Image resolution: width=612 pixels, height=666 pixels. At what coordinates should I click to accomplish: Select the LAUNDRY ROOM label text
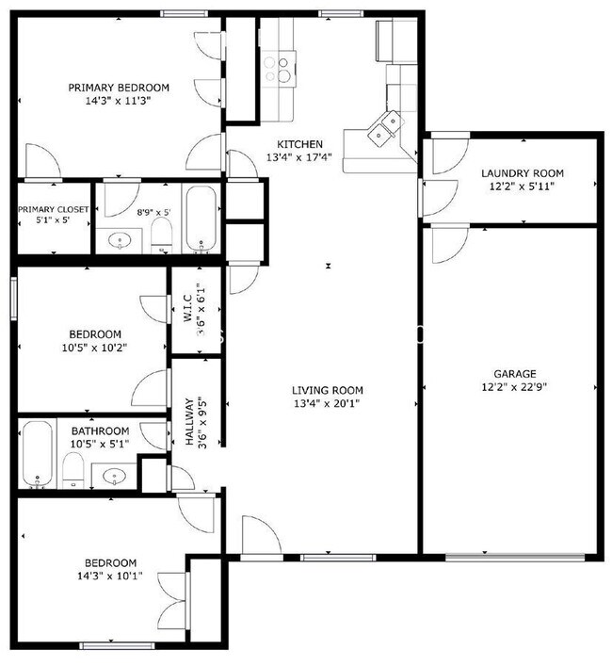(522, 173)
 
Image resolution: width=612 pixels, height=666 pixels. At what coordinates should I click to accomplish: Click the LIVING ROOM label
(327, 390)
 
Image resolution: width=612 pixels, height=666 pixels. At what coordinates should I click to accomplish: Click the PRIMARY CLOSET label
(54, 209)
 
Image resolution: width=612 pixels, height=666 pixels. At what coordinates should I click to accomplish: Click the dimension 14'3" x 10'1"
(108, 576)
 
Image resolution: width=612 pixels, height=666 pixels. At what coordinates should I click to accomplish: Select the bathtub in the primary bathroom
(201, 219)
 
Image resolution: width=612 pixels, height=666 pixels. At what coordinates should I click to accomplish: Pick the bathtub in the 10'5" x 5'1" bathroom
(37, 454)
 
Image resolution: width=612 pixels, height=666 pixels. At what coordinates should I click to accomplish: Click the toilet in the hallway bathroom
(72, 468)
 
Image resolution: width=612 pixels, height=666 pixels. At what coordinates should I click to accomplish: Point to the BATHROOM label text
(100, 431)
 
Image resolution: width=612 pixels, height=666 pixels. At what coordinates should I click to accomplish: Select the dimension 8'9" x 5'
(153, 213)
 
